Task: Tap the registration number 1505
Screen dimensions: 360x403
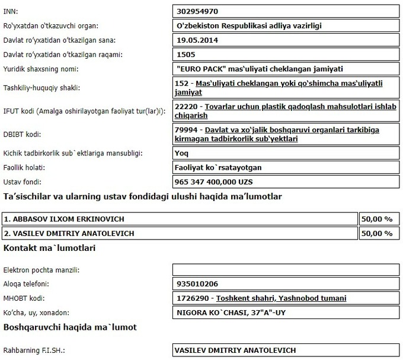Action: click(186, 55)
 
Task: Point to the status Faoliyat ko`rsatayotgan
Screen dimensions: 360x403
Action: click(219, 167)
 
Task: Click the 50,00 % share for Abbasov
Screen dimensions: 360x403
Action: click(377, 219)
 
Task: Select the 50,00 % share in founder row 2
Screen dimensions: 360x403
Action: click(377, 233)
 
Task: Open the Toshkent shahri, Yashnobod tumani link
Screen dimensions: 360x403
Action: click(282, 298)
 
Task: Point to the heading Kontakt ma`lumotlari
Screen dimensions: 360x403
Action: click(50, 247)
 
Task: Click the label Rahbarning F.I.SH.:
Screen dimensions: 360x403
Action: click(34, 351)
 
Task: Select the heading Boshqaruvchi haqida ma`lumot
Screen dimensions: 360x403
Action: click(70, 327)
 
